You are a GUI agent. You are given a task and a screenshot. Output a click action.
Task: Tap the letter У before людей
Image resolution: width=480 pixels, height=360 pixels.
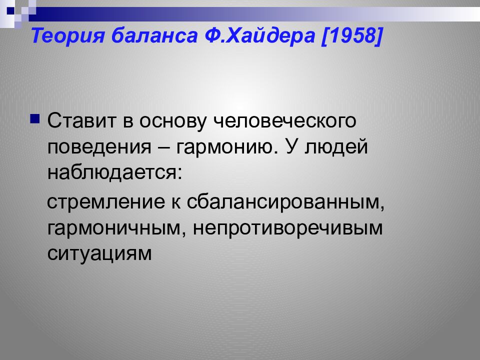pyautogui.click(x=292, y=147)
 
